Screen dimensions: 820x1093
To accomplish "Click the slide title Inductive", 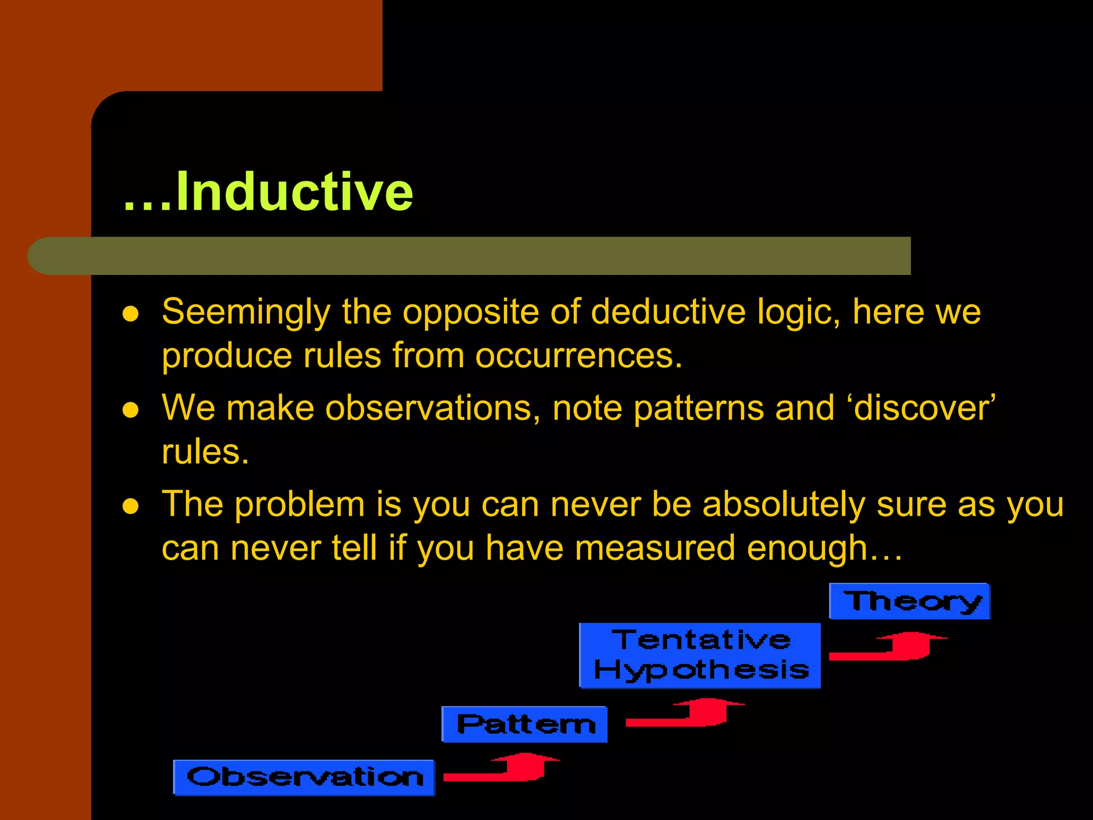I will (268, 192).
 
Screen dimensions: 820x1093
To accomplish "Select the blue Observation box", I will (304, 778).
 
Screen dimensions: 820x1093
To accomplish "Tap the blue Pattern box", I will (525, 724).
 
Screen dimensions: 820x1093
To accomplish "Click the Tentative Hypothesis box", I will (700, 656).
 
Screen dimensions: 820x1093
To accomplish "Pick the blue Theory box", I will (909, 602).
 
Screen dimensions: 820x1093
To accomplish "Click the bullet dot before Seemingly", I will (131, 313).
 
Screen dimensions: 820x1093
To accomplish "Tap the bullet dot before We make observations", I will (131, 410).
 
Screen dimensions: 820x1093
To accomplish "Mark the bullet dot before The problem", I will (131, 506).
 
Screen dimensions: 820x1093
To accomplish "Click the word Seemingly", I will (246, 312).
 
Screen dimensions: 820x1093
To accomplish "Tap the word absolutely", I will (783, 504).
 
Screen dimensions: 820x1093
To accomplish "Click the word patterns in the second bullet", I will (699, 409).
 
